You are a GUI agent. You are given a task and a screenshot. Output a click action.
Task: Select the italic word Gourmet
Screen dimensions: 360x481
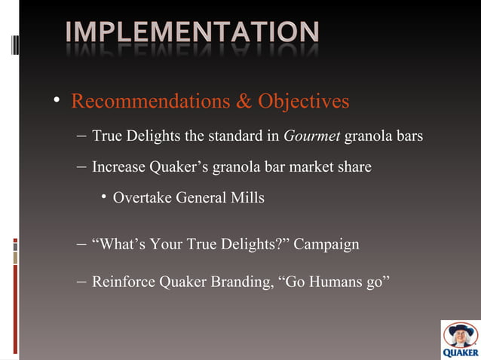tap(312, 136)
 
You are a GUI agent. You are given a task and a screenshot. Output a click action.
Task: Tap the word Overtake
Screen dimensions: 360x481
tap(142, 198)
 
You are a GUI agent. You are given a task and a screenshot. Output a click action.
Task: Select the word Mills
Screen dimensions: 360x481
tap(250, 198)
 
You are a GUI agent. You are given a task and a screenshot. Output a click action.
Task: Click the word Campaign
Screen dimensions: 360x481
tap(326, 245)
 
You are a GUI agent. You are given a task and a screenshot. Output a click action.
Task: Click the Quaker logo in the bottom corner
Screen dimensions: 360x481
tap(460, 340)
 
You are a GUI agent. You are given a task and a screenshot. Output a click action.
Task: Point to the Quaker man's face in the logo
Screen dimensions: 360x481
tap(460, 334)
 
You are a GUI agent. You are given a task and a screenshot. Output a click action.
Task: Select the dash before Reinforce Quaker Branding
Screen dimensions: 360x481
tap(81, 282)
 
